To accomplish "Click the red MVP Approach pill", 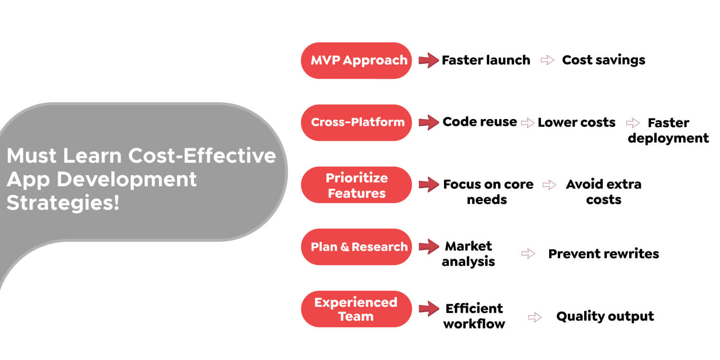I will click(356, 60).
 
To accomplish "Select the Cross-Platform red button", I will click(356, 122).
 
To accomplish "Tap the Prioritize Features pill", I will click(356, 185).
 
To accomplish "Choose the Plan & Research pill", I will click(356, 247).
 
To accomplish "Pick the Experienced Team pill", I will click(356, 309).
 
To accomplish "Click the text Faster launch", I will click(486, 60).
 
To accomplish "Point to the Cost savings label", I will click(603, 60).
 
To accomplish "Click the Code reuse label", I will click(480, 122).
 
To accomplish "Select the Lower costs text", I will click(576, 123).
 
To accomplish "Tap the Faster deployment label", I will click(668, 131).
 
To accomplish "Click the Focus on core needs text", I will click(488, 192).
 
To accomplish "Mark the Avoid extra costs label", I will click(603, 192).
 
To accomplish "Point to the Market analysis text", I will click(468, 254).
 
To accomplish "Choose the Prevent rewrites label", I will click(603, 254).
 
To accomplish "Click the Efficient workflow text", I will click(474, 316).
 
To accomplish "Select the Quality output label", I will click(605, 316).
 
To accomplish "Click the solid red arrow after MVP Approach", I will click(428, 60).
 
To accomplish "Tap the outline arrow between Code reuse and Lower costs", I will click(528, 123).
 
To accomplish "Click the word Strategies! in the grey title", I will click(62, 203).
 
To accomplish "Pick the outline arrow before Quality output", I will click(535, 317).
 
